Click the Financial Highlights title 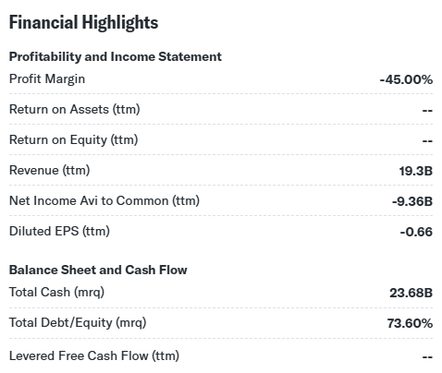83,23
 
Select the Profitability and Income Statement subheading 116,56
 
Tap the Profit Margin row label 47,79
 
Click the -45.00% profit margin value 406,79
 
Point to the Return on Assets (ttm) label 75,109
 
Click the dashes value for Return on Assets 427,110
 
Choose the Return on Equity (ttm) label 74,140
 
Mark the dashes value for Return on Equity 427,141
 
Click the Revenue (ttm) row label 50,170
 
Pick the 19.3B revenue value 416,171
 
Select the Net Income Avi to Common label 104,200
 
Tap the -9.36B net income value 412,201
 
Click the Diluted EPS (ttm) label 59,231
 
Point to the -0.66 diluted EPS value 416,232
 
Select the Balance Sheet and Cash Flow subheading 98,270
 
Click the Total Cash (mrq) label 56,292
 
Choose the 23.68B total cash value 411,293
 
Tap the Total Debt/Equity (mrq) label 78,323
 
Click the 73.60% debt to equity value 410,323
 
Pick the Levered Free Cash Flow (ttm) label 94,355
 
